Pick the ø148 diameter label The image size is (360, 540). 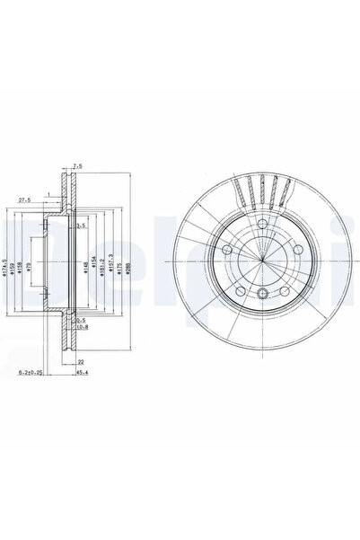click(x=86, y=267)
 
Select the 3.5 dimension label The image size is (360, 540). click(x=81, y=225)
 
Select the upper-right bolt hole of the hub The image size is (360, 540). click(x=292, y=251)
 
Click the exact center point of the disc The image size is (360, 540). click(x=261, y=262)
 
